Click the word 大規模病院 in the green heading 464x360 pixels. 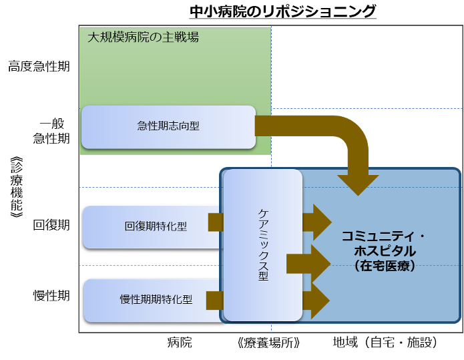coord(116,37)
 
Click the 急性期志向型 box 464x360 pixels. coord(168,126)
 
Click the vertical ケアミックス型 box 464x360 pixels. coord(263,244)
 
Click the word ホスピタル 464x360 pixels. coord(385,251)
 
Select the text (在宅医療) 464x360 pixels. coord(385,266)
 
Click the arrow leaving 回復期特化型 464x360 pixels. coord(216,222)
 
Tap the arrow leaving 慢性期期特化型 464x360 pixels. coord(214,301)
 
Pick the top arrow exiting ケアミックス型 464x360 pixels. coord(317,222)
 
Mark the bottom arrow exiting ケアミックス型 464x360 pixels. coord(316,301)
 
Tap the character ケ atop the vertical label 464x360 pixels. coord(263,214)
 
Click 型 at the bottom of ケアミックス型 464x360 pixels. coord(263,275)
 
